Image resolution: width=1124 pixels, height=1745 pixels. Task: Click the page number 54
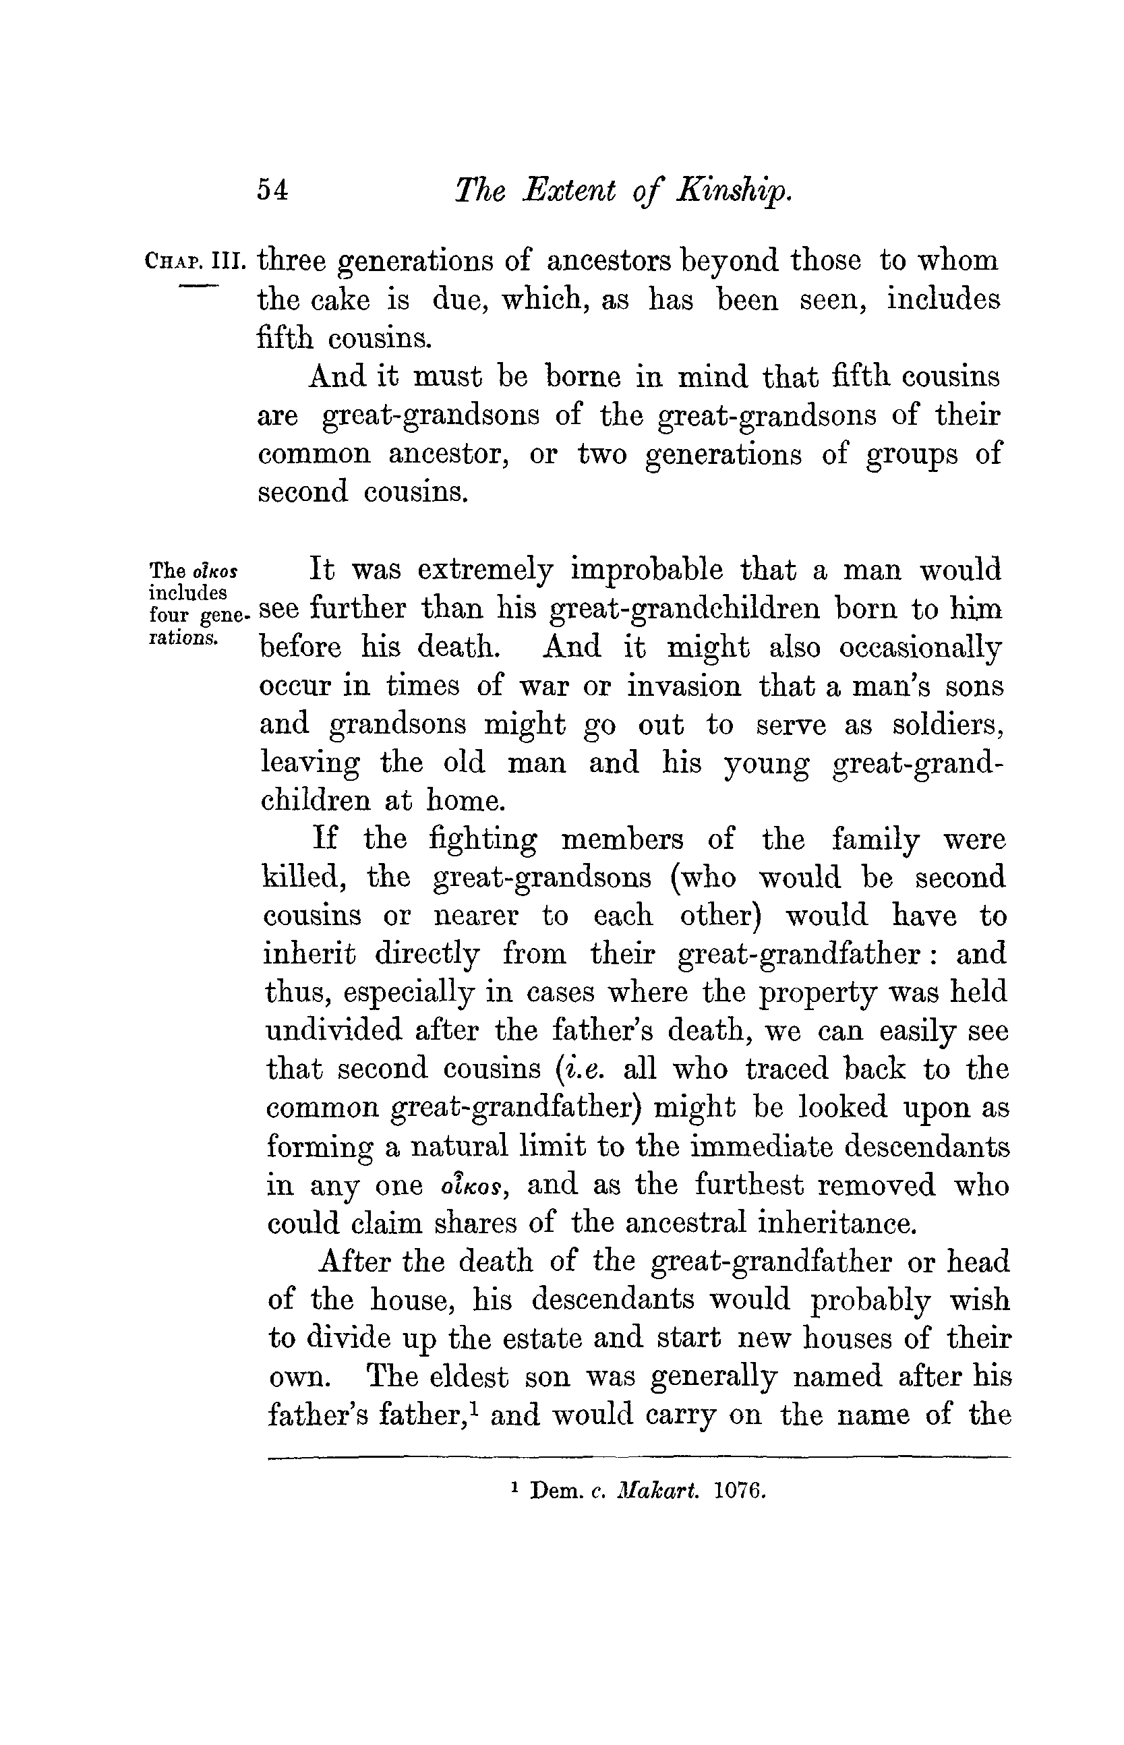[273, 191]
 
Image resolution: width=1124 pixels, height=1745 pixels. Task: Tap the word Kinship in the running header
[734, 191]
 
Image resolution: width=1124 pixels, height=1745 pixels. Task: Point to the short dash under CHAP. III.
[198, 285]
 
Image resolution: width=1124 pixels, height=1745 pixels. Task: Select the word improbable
[645, 570]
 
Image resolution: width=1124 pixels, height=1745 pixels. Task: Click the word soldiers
[947, 725]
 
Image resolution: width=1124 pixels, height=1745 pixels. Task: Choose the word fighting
[483, 840]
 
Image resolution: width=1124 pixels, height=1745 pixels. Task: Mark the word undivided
[334, 1030]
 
